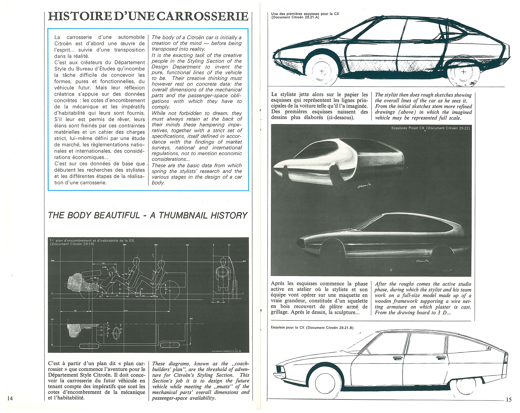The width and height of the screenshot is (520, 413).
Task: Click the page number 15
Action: tap(509, 399)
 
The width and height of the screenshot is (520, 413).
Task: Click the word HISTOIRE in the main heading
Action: tap(76, 16)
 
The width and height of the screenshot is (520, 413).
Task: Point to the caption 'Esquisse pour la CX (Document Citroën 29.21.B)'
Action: tap(312, 327)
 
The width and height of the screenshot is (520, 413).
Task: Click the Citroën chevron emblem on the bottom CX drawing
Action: tap(489, 349)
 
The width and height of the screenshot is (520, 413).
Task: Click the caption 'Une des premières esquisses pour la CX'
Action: tap(305, 16)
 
